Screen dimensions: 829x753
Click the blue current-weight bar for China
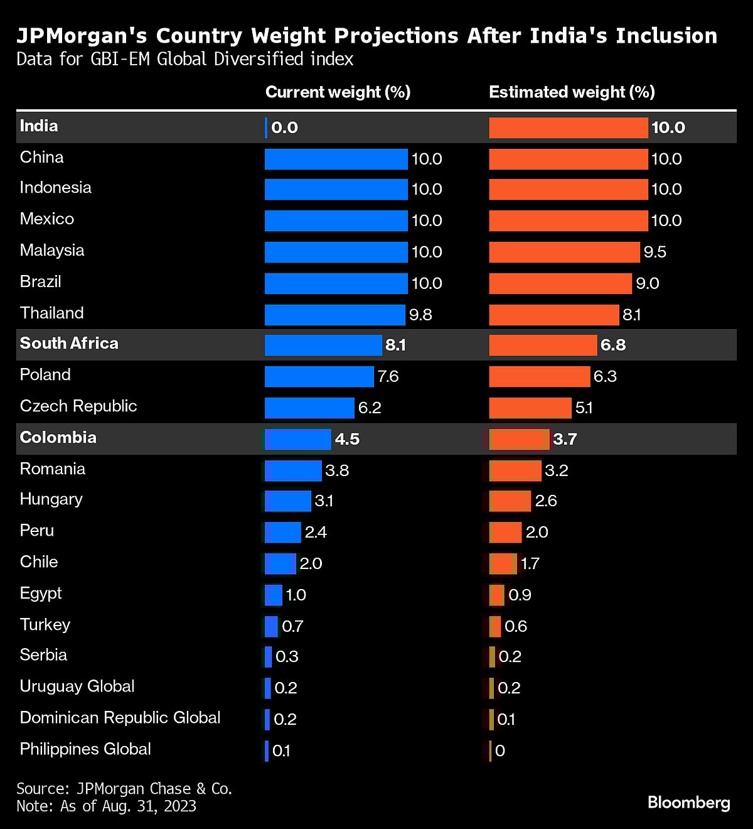coord(336,159)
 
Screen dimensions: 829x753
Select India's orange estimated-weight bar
coord(568,127)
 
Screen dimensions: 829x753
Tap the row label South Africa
coord(69,344)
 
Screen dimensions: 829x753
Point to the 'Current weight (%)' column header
coord(338,92)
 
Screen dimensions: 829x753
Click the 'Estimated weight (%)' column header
coord(572,92)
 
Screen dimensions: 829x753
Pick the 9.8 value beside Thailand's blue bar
coord(420,315)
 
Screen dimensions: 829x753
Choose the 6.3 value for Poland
coord(605,376)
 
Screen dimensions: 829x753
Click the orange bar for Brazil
coord(560,283)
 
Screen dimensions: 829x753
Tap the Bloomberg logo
coord(688,802)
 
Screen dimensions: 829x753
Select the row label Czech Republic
coord(78,406)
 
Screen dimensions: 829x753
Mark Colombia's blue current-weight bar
coord(297,439)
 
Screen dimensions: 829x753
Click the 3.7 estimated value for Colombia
coord(565,439)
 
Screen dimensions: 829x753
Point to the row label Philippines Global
coord(85,749)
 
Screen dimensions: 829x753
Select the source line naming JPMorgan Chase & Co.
coord(124,789)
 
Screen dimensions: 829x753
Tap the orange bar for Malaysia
coord(564,252)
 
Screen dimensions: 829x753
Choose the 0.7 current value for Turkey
coord(292,626)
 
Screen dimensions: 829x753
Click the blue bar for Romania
coord(293,470)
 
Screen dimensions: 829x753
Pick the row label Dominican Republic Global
coord(120,718)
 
